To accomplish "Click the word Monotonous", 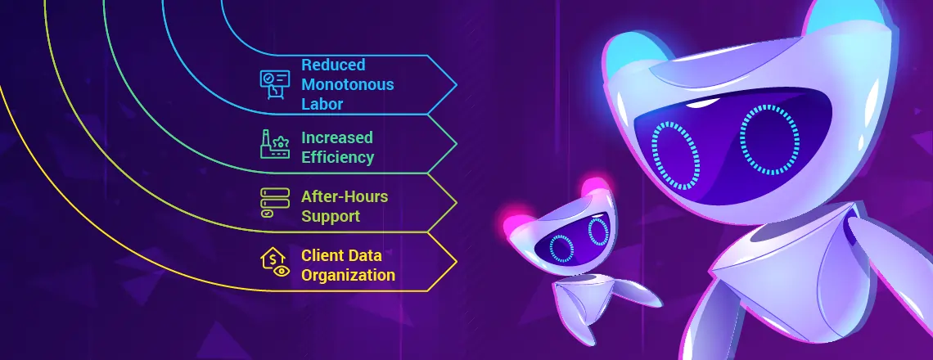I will pyautogui.click(x=347, y=84).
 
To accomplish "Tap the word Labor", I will pyautogui.click(x=321, y=104).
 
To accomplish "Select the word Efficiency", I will pyautogui.click(x=337, y=157).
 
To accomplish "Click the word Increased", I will pyautogui.click(x=336, y=137).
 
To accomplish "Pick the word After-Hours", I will pyautogui.click(x=344, y=196).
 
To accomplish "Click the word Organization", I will pyautogui.click(x=348, y=275).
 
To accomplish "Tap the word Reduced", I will pyautogui.click(x=333, y=65).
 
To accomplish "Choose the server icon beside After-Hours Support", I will pyautogui.click(x=273, y=203).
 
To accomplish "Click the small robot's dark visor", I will pyautogui.click(x=573, y=242).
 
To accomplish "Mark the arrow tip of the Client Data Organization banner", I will pyautogui.click(x=455, y=263).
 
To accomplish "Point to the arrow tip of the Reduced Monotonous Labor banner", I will pyautogui.click(x=455, y=84).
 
